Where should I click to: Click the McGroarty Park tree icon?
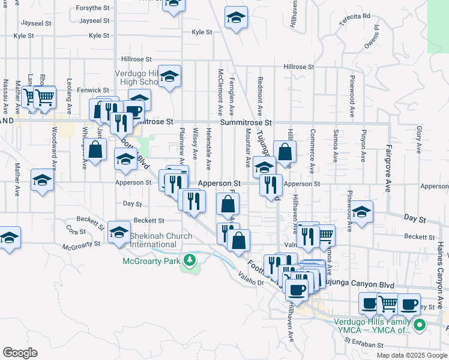tap(190, 260)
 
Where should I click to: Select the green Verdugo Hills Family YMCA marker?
tap(420, 325)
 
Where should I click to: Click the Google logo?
tap(19, 353)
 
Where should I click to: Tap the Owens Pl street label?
tap(372, 37)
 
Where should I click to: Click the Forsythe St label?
tap(93, 9)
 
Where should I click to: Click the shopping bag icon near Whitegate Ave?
tap(95, 149)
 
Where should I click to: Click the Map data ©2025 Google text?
tap(411, 355)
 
